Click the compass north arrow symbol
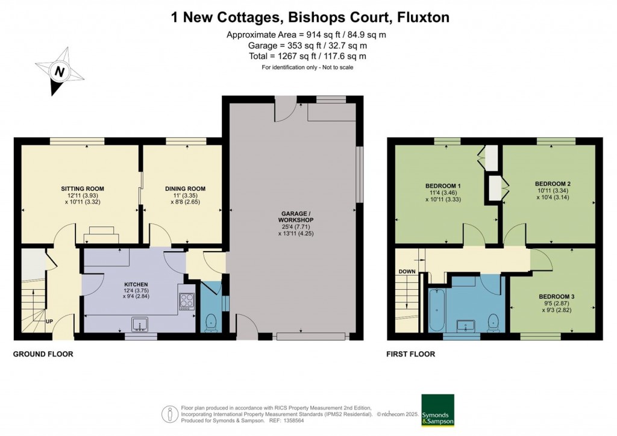click(x=59, y=73)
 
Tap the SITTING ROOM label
click(x=81, y=188)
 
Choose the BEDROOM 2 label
click(x=553, y=184)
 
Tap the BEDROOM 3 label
click(x=556, y=296)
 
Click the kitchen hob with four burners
click(x=186, y=299)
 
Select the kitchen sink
click(x=140, y=325)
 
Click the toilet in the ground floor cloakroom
click(x=210, y=322)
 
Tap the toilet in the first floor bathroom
click(x=493, y=322)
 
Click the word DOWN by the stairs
click(x=407, y=272)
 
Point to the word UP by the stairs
click(x=49, y=321)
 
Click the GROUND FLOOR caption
click(x=43, y=354)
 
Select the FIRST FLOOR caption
click(x=410, y=354)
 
